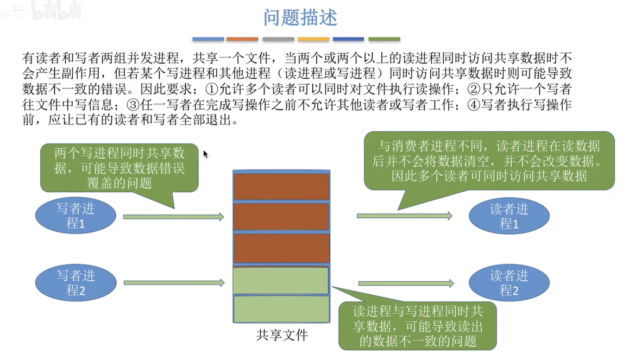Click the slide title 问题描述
point(300,17)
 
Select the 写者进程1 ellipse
point(75,216)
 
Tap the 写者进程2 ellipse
point(75,283)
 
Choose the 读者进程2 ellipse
point(509,283)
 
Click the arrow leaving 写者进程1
point(174,217)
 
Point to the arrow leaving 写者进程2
point(174,282)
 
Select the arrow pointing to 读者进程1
point(405,216)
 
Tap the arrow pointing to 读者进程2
point(406,283)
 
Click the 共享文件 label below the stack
point(282,335)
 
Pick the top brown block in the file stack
point(282,187)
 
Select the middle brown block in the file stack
point(282,217)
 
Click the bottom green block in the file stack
point(282,309)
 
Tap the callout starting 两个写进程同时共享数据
point(119,168)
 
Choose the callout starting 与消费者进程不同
point(489,161)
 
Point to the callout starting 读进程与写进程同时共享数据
point(417,326)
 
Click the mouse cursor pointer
point(205,154)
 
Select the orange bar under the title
point(242,39)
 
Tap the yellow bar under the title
point(313,39)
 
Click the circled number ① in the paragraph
point(212,89)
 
